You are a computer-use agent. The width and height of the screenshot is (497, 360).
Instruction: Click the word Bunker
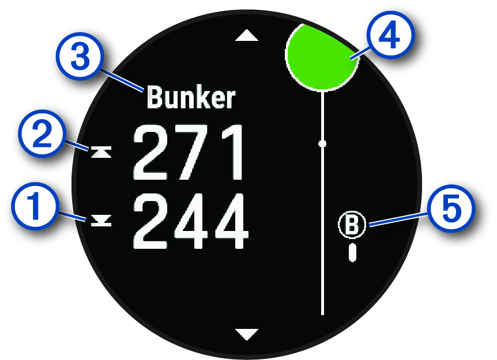(191, 98)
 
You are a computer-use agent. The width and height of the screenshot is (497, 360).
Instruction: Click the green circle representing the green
(322, 56)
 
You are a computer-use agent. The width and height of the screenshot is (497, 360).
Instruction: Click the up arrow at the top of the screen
(248, 36)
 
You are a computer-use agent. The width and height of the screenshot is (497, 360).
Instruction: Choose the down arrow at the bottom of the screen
(248, 333)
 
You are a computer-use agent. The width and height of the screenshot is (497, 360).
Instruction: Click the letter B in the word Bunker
(155, 98)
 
